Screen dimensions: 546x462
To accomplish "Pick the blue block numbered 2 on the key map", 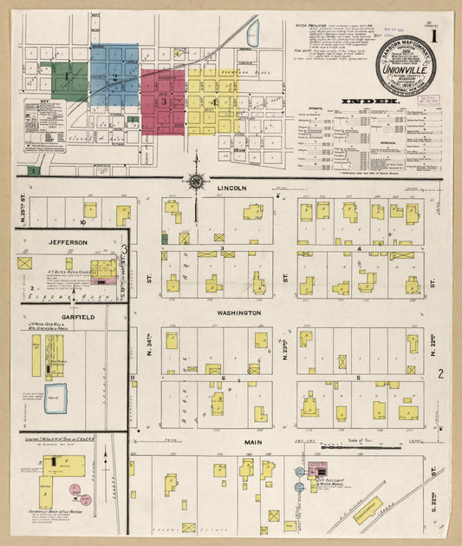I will [114, 76].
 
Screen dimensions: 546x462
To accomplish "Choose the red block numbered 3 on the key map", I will [163, 101].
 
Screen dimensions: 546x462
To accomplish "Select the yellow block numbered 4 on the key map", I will [212, 101].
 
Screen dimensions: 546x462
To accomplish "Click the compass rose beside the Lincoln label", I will [197, 181].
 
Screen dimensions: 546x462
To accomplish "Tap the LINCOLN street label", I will [232, 187].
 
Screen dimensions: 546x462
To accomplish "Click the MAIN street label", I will [252, 443].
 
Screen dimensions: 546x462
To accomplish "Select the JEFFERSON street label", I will [67, 242].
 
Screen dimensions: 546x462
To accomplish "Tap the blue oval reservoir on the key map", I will [253, 35].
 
